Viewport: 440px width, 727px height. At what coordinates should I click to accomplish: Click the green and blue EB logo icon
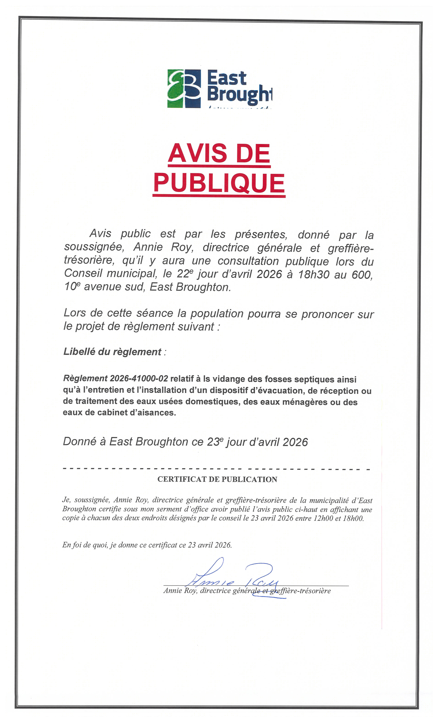point(184,88)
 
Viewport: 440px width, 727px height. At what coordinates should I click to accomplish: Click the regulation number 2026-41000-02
point(139,378)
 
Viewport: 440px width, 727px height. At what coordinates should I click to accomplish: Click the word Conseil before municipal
point(83,273)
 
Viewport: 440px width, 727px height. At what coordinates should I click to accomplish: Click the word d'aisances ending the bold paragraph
point(156,413)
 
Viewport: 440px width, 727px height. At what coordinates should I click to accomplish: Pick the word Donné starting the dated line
point(80,442)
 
